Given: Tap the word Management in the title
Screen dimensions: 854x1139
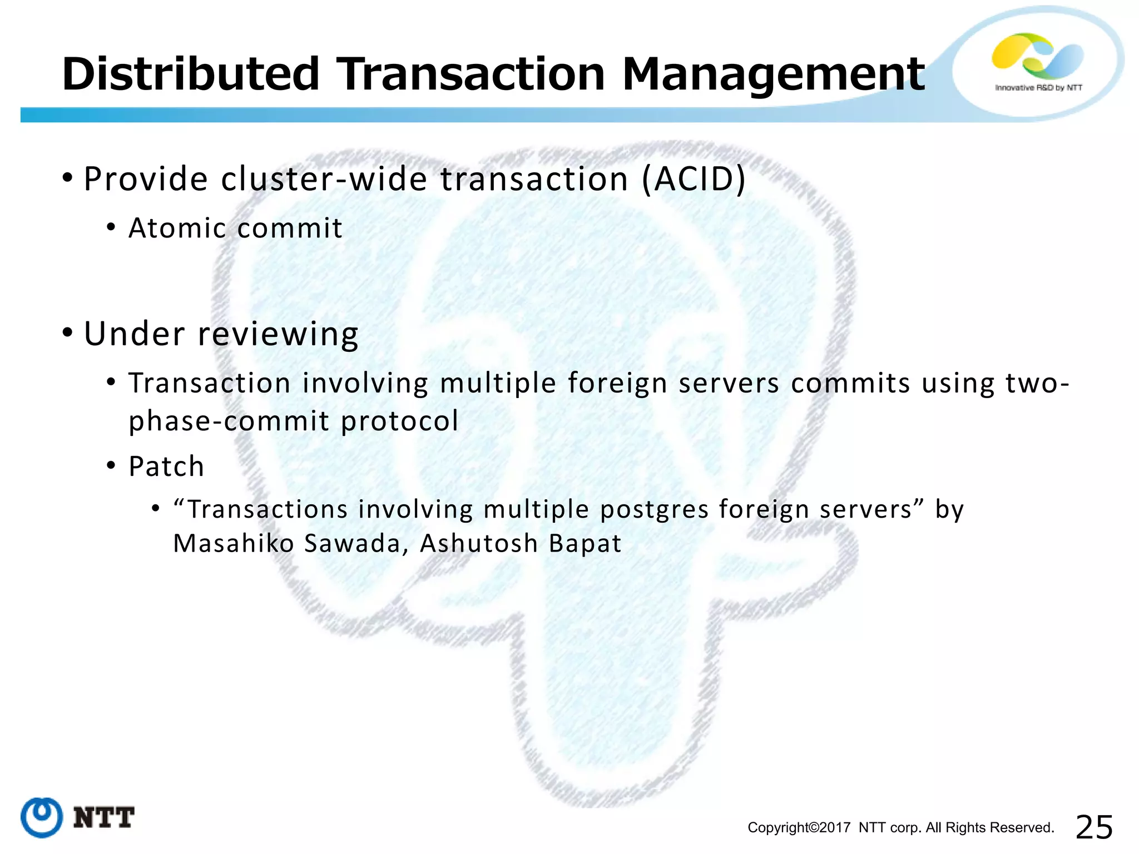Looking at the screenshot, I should (x=774, y=74).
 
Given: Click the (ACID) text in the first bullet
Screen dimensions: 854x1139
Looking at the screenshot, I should (x=693, y=179).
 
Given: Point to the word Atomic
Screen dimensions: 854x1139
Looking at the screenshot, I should (x=177, y=228).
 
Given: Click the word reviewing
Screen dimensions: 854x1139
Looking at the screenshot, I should (x=278, y=334).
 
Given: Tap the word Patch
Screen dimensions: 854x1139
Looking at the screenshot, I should (x=166, y=466).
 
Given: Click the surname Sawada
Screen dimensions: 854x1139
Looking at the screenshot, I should (x=353, y=543).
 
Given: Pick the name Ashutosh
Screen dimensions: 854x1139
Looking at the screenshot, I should (x=478, y=543).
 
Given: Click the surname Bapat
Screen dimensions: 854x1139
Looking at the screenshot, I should (x=585, y=543).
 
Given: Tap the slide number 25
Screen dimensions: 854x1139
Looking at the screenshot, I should (x=1094, y=827).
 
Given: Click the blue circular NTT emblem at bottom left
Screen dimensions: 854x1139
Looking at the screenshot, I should (x=42, y=817).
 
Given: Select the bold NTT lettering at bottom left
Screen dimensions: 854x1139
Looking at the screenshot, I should (x=104, y=817).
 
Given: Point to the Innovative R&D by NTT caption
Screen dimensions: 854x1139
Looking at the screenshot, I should (x=1038, y=88).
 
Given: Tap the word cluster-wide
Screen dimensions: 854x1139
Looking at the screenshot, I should (x=324, y=179).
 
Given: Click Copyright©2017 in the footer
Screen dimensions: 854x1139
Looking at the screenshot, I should (x=799, y=828).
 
